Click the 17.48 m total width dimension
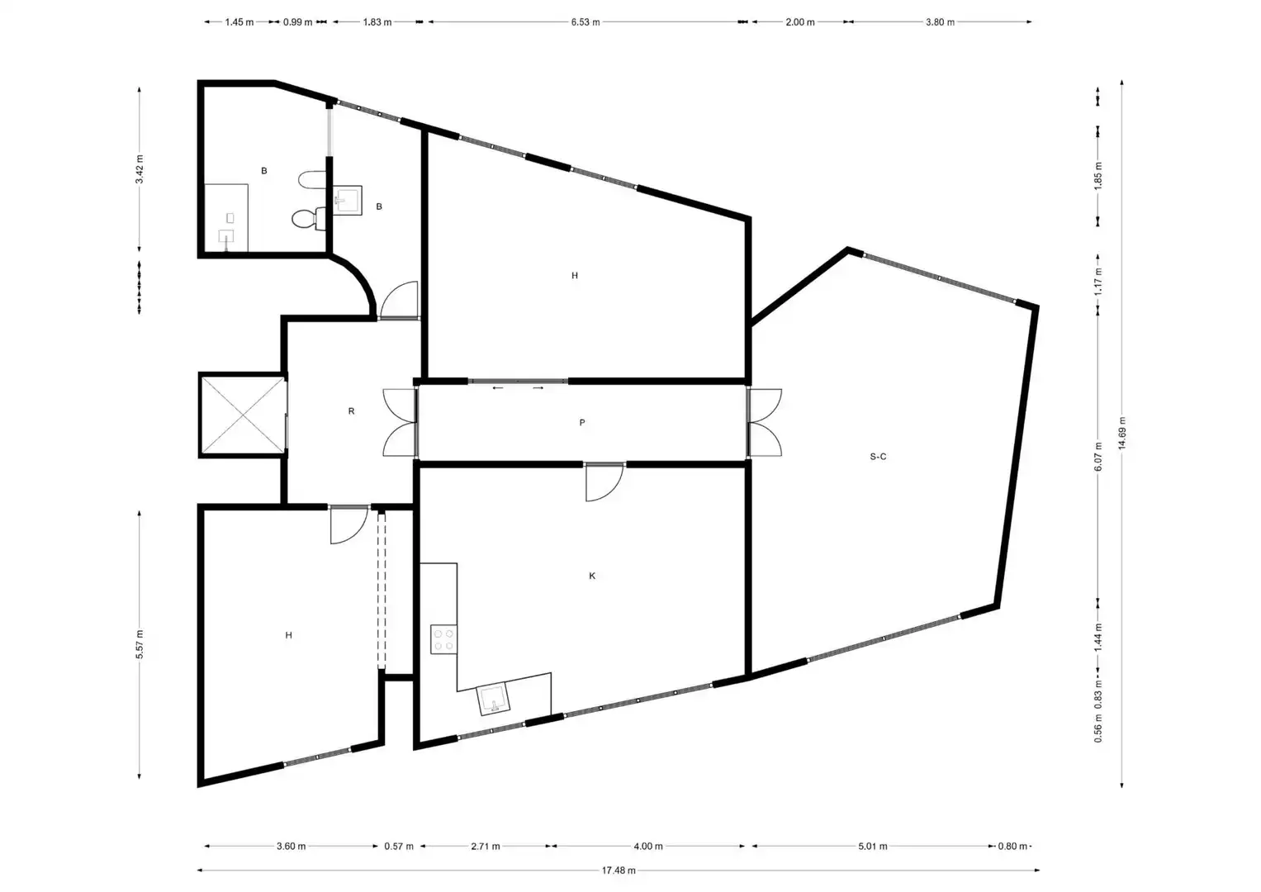pos(619,871)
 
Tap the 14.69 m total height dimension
pos(1122,433)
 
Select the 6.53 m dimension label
pos(585,22)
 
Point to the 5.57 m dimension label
pos(140,644)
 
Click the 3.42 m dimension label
pos(140,169)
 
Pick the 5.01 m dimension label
pos(873,847)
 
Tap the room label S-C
pos(878,457)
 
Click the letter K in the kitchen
pos(592,576)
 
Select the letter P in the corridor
pos(582,422)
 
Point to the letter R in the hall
pos(351,411)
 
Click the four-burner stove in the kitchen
pos(443,640)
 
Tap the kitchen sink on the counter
pos(493,700)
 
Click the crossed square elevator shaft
pos(243,415)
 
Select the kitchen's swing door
pos(604,482)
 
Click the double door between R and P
pos(401,422)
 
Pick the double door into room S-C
pos(765,422)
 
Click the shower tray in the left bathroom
pos(225,218)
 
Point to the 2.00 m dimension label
pos(800,22)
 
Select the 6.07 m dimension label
pos(1098,457)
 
